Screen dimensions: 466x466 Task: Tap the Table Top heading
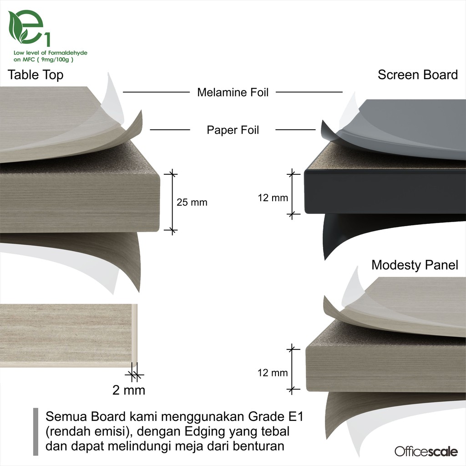pyautogui.click(x=35, y=75)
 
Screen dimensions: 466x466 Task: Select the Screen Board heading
pyautogui.click(x=417, y=75)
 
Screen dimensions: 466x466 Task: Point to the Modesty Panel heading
pyautogui.click(x=415, y=265)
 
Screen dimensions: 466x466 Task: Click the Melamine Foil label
pyautogui.click(x=233, y=92)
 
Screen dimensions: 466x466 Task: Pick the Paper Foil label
pyautogui.click(x=233, y=130)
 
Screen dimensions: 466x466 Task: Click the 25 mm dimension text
pyautogui.click(x=192, y=203)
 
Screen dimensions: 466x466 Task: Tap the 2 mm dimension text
pyautogui.click(x=129, y=390)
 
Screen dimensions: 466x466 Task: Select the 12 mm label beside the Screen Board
pyautogui.click(x=273, y=198)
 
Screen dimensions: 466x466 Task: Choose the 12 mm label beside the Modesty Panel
pyautogui.click(x=273, y=373)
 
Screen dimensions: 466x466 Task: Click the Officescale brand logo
pyautogui.click(x=426, y=451)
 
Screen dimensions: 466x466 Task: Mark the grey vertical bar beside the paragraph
pyautogui.click(x=36, y=431)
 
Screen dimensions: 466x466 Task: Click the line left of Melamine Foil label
pyautogui.click(x=156, y=92)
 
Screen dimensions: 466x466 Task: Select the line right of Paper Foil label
pyautogui.click(x=295, y=130)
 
